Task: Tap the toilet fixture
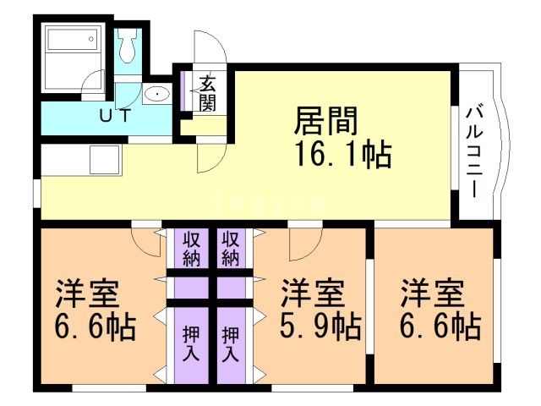click(x=128, y=47)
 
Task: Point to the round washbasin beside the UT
click(x=156, y=95)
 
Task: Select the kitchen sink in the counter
click(x=105, y=157)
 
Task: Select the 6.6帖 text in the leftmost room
click(x=96, y=325)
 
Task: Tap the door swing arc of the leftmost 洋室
click(x=149, y=243)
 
